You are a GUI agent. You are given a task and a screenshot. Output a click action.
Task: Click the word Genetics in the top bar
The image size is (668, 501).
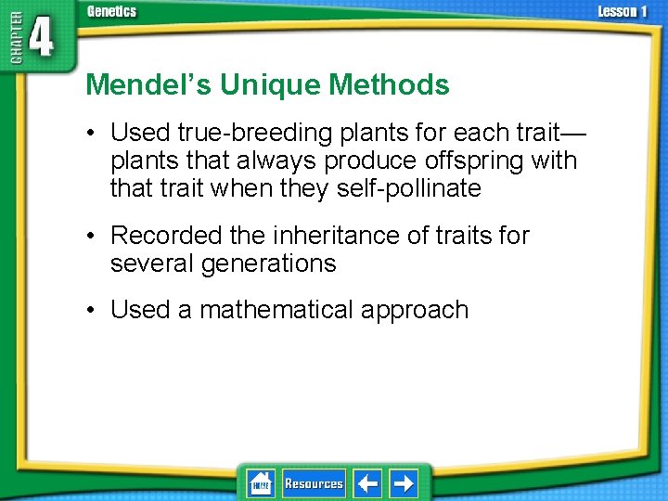(x=111, y=11)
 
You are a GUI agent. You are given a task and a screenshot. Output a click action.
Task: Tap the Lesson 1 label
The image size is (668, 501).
(x=623, y=11)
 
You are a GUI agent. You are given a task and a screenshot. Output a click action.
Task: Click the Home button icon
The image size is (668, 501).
(x=261, y=483)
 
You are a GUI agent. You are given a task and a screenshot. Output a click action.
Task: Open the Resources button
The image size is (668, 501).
(x=314, y=483)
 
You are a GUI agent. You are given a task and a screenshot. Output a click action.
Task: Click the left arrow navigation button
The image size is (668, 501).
(x=367, y=483)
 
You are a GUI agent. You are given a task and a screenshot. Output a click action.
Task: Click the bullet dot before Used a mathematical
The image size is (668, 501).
(x=93, y=310)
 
